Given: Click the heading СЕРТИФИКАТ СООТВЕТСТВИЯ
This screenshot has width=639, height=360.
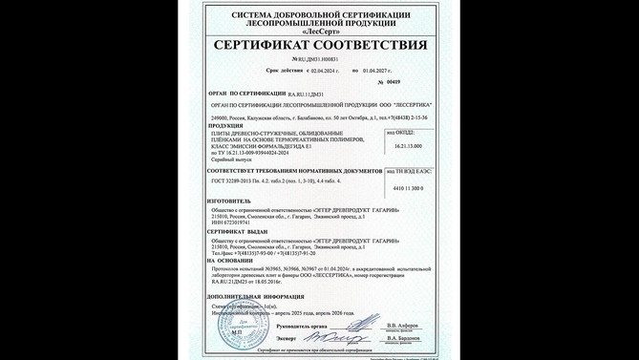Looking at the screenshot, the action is pos(319,45).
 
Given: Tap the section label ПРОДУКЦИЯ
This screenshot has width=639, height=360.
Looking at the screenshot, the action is pos(225,124).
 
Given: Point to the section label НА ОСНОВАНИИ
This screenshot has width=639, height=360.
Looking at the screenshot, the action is pos(232,260).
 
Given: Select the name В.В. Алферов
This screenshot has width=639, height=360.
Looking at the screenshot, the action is pos(404,324).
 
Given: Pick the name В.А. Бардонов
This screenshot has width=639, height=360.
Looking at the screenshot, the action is pos(404,338).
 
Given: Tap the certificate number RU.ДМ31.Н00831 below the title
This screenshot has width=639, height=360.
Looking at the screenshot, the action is pos(318,59).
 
